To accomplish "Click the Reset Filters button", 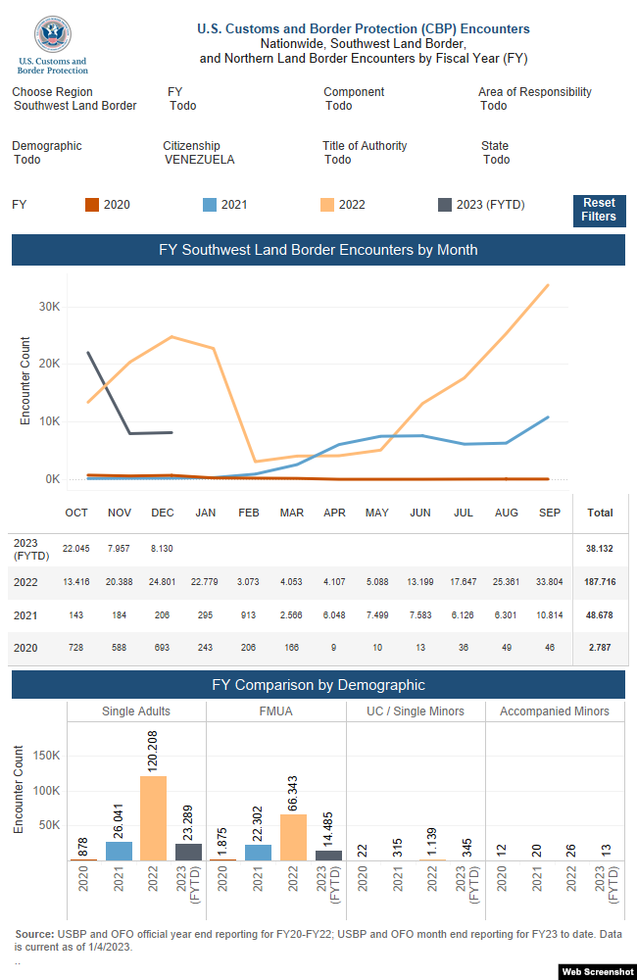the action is click(x=599, y=210).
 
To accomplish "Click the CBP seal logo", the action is click(x=53, y=34).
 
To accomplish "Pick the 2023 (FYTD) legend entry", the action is click(x=481, y=205).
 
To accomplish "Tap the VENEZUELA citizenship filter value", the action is click(x=199, y=160).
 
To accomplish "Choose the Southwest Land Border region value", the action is click(x=75, y=106).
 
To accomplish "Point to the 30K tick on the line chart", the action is click(x=49, y=307).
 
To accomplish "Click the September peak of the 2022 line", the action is click(x=548, y=285).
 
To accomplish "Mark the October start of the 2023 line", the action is click(x=88, y=353).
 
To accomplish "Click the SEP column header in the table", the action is click(x=550, y=514).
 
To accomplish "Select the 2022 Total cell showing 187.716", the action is click(x=600, y=582).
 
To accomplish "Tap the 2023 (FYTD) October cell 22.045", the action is click(x=75, y=549).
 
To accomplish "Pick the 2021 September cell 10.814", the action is click(x=550, y=615).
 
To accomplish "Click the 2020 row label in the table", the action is click(x=25, y=648).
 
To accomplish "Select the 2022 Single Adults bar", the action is click(x=153, y=818).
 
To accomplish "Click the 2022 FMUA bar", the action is click(x=293, y=838).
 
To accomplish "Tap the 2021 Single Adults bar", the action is click(x=119, y=852).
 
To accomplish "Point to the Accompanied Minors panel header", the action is click(x=555, y=711).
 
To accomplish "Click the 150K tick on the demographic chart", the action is click(x=47, y=756).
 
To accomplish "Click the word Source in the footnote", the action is click(x=34, y=934).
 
